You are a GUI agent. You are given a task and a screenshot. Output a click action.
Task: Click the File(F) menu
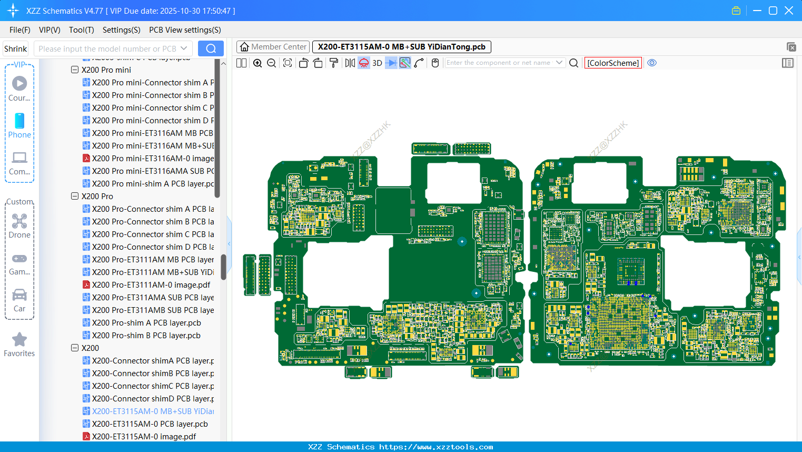pyautogui.click(x=19, y=30)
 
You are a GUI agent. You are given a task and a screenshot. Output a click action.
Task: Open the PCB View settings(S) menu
pyautogui.click(x=185, y=30)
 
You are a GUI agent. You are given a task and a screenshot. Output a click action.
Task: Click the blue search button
pyautogui.click(x=211, y=48)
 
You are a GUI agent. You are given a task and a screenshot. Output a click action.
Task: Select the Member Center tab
pyautogui.click(x=273, y=47)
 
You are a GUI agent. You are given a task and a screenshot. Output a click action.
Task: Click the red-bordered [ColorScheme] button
pyautogui.click(x=613, y=63)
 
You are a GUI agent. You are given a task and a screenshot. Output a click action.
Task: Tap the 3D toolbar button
pyautogui.click(x=377, y=63)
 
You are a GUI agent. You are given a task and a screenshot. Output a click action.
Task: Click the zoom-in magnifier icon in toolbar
pyautogui.click(x=258, y=63)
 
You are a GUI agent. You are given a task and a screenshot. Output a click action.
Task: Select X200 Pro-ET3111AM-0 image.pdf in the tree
pyautogui.click(x=151, y=285)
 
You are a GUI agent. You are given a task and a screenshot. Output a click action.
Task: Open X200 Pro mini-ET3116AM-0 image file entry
pyautogui.click(x=153, y=159)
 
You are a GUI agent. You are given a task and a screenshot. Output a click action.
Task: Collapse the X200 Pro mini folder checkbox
pyautogui.click(x=75, y=70)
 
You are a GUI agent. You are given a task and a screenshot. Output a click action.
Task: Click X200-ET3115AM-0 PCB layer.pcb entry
pyautogui.click(x=150, y=424)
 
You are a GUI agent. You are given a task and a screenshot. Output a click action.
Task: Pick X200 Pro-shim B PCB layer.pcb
pyautogui.click(x=146, y=336)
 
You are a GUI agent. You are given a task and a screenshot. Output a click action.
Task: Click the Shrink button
pyautogui.click(x=16, y=48)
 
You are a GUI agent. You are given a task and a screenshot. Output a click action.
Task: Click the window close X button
pyautogui.click(x=789, y=11)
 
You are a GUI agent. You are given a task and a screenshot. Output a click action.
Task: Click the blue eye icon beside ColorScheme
pyautogui.click(x=652, y=63)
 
